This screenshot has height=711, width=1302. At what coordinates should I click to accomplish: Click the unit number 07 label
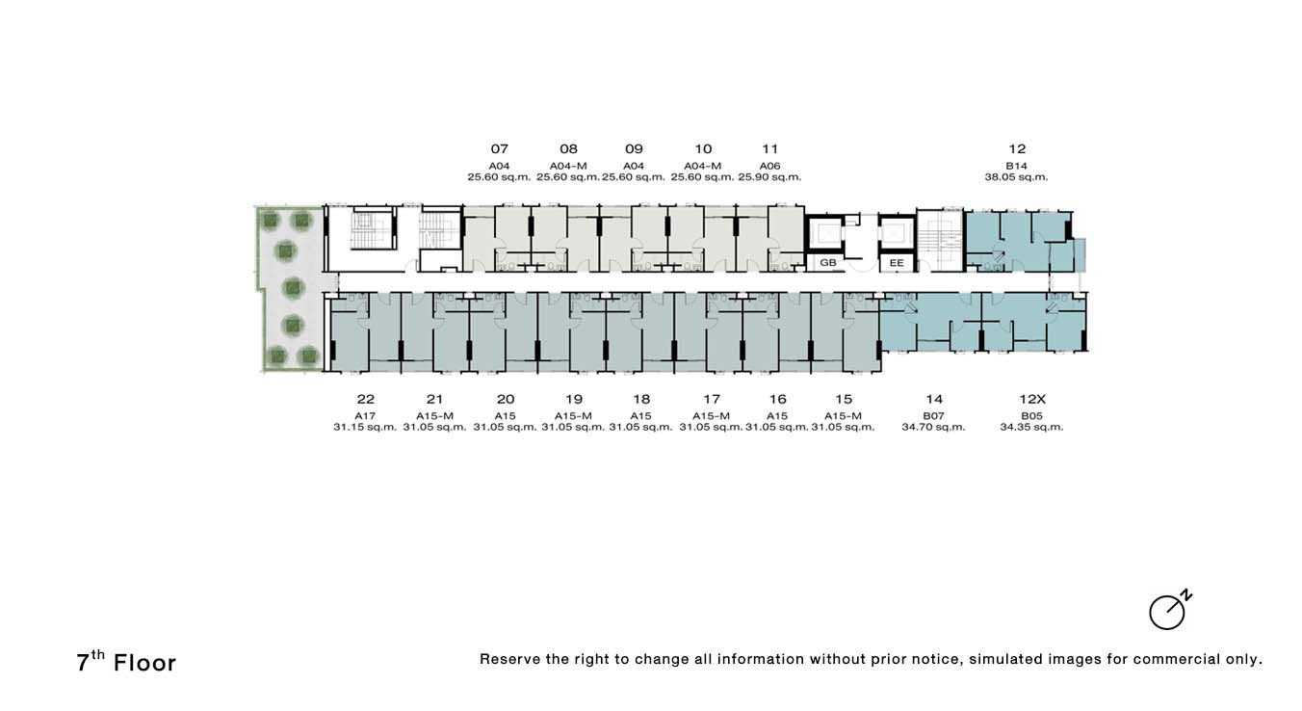pos(499,148)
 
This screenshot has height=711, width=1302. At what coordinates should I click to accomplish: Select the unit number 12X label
pos(1032,399)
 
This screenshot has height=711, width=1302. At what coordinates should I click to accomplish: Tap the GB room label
pos(827,263)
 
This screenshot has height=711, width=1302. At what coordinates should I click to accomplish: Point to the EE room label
pos(897,263)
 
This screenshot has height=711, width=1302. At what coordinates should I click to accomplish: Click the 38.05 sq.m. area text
pos(1016,176)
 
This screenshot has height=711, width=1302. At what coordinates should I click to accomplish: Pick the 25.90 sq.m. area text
pos(769,176)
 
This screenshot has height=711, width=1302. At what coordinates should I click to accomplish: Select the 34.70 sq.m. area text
pos(933,427)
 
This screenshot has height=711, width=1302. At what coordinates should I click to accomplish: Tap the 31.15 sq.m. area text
pos(365,427)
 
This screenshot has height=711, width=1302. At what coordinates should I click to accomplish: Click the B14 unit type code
pos(1017,166)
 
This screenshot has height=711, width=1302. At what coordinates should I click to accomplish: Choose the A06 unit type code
pos(769,166)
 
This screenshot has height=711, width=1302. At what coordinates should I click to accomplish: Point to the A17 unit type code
pos(365,415)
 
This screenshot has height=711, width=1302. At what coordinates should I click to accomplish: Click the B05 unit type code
pos(1031,415)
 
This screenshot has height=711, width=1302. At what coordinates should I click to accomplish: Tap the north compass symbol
pos(1169,611)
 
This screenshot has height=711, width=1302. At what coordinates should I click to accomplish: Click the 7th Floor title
pos(126,662)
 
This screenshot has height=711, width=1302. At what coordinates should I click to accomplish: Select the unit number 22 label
pos(366,399)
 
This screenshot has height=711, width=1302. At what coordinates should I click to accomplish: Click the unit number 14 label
pos(934,399)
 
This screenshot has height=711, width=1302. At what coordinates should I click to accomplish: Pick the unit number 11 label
pos(770,148)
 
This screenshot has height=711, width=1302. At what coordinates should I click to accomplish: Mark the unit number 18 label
pos(641,399)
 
